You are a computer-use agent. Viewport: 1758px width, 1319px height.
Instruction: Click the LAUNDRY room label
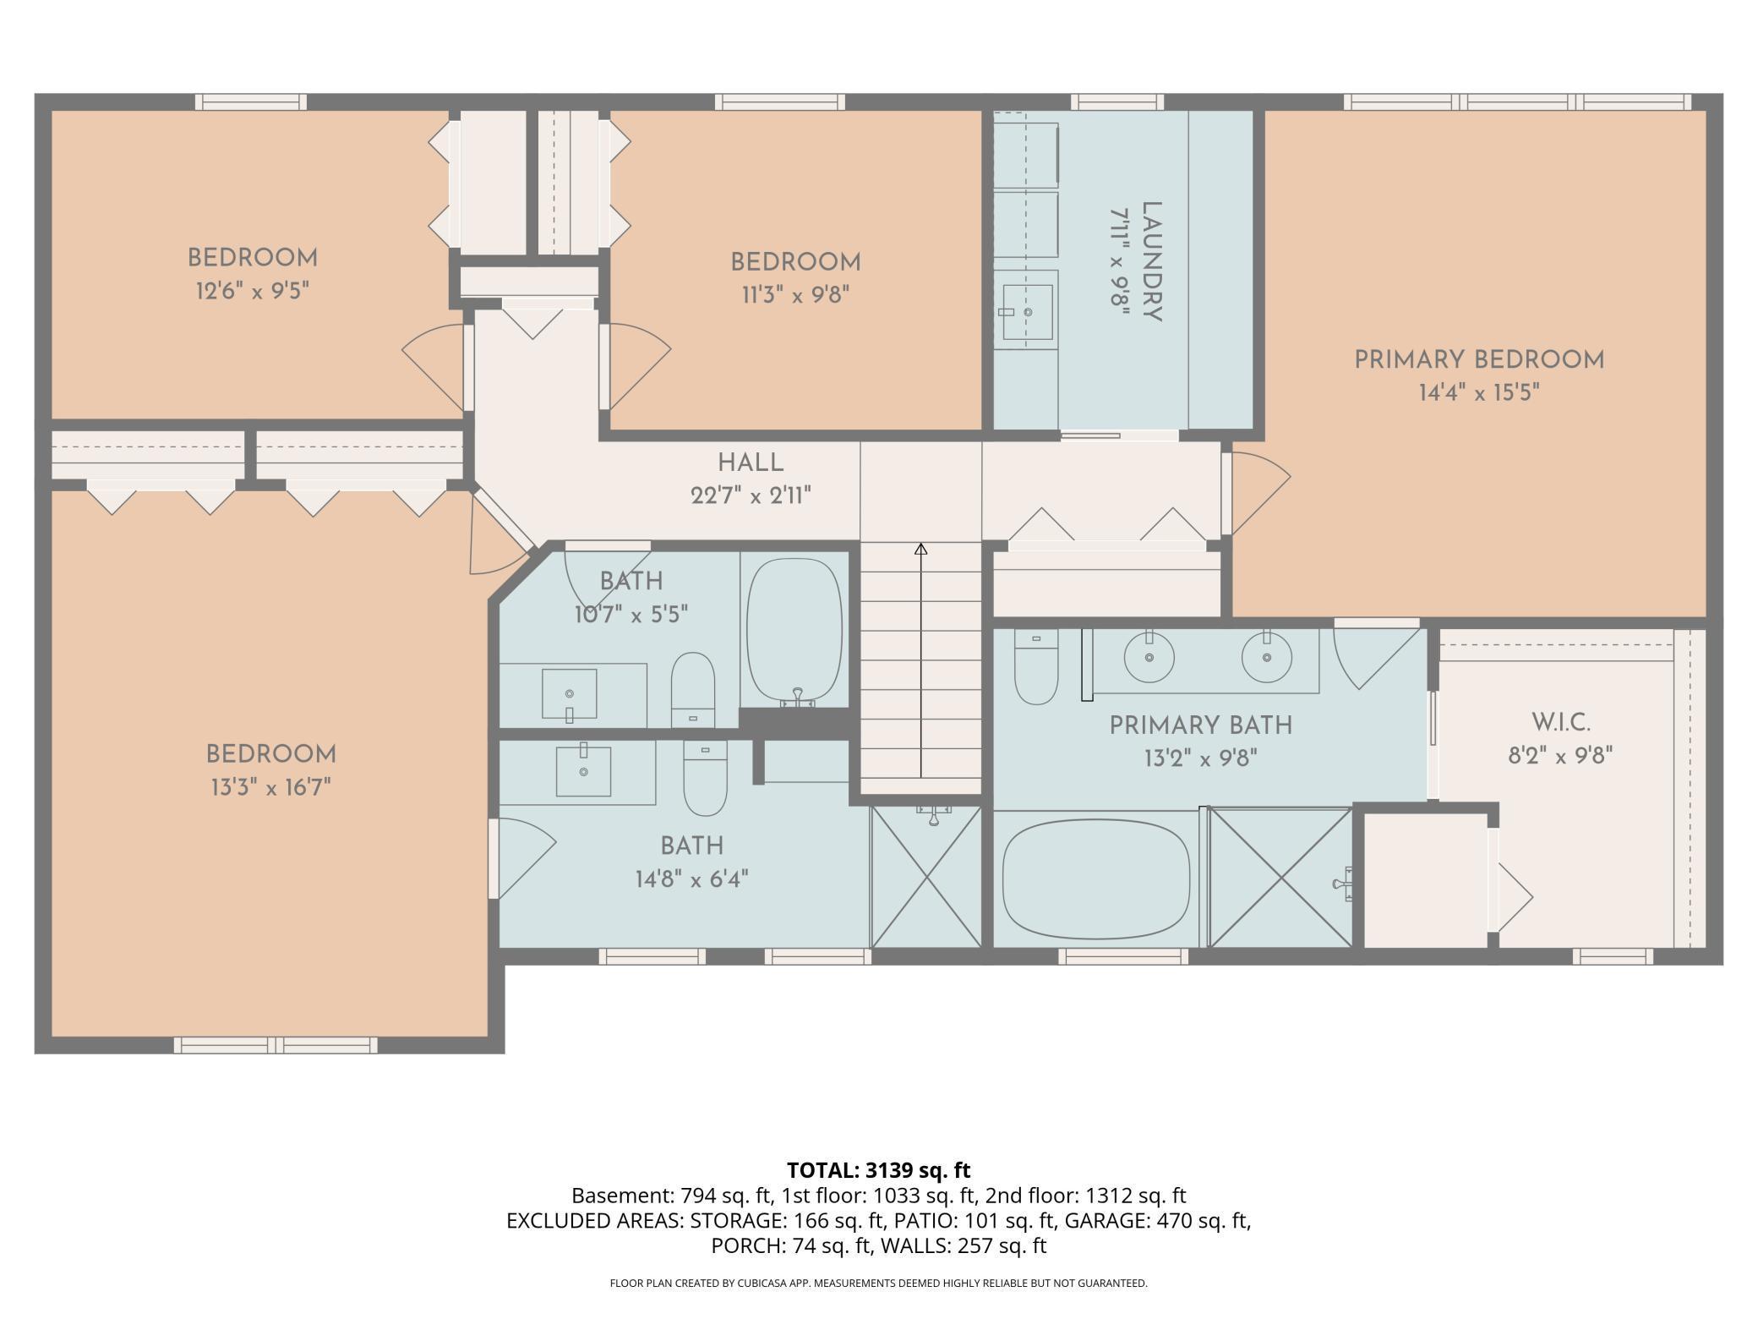coord(1152,261)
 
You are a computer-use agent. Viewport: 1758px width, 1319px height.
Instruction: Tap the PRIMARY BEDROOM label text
coord(1478,360)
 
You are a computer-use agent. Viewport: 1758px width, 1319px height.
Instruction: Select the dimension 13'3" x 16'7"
coord(270,788)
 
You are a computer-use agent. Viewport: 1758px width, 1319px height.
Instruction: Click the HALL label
coord(751,462)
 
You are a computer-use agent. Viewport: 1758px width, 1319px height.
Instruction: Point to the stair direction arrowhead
coord(921,550)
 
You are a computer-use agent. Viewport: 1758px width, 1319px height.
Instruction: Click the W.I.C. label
coord(1560,723)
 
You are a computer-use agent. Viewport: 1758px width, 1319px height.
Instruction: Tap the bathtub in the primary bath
coord(1095,878)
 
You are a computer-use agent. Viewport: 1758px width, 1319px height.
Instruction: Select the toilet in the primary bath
coord(1036,667)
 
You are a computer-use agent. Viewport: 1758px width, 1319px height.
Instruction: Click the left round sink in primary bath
coord(1149,657)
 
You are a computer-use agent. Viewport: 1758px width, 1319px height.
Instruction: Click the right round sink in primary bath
coord(1266,657)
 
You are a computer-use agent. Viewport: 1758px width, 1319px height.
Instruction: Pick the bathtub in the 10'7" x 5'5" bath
coord(794,630)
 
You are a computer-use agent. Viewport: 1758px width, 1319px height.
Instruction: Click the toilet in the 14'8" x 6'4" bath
coord(705,778)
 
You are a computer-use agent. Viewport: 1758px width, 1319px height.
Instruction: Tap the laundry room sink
coord(1027,312)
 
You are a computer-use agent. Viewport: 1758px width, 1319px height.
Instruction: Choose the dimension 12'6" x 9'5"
coord(252,292)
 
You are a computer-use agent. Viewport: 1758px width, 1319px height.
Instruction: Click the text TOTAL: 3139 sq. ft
coord(878,1170)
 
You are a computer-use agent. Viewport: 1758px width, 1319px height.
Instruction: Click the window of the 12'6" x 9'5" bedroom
coord(251,101)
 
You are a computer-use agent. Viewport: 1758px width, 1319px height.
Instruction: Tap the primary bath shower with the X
coord(1281,877)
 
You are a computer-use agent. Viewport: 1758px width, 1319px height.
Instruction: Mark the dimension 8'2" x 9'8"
coord(1560,755)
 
